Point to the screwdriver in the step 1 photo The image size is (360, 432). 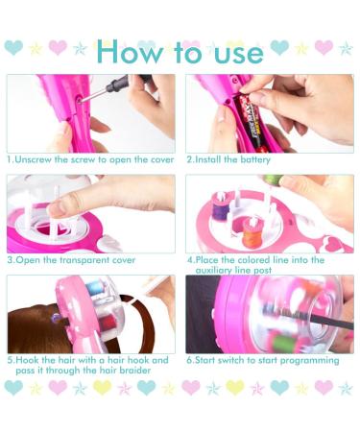point(115,88)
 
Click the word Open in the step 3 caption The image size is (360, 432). point(30,260)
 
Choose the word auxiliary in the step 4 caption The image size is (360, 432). point(217,271)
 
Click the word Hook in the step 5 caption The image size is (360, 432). point(30,361)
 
